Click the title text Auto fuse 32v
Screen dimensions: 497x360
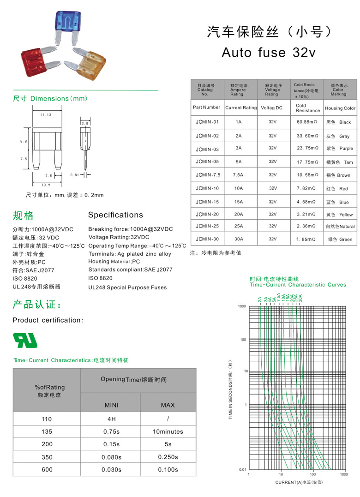point(269,52)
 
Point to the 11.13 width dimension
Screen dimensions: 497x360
point(45,114)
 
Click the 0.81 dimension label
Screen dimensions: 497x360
point(75,175)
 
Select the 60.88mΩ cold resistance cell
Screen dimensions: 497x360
point(306,122)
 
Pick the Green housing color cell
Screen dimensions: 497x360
point(340,240)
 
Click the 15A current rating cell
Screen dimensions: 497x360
point(239,202)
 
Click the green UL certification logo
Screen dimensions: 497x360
point(25,340)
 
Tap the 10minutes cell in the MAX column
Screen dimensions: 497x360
point(168,431)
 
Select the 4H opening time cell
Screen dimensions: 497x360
point(111,419)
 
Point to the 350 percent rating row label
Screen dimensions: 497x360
point(47,457)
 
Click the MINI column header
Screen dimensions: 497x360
point(111,405)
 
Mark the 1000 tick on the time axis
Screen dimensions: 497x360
point(242,306)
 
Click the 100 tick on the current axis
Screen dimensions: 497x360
point(312,474)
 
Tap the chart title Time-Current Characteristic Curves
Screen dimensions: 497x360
point(298,285)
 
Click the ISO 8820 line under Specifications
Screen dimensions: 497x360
point(100,278)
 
